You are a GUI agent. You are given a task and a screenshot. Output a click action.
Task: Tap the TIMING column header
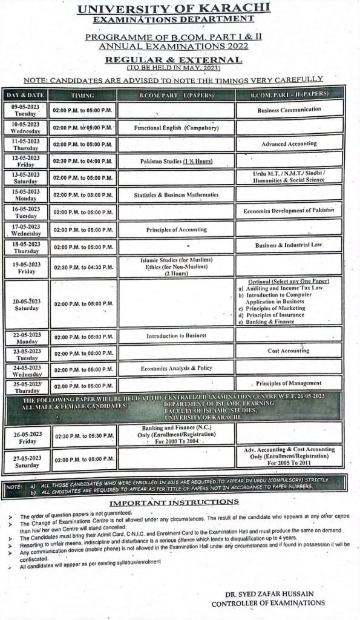[82, 96]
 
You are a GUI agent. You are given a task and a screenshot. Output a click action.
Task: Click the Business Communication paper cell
[289, 110]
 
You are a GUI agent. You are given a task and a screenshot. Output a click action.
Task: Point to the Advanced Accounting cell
[289, 144]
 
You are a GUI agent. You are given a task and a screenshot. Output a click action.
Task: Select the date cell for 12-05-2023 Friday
[25, 162]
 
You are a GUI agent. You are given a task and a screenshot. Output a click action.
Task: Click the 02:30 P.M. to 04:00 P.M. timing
[82, 162]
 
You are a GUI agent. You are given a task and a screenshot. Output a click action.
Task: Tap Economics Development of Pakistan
[289, 211]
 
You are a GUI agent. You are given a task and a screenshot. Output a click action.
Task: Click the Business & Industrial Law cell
[289, 245]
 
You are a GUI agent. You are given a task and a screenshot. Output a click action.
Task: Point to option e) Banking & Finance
[270, 322]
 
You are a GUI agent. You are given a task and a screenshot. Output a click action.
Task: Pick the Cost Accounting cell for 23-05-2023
[289, 351]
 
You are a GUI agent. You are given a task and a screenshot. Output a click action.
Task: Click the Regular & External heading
[173, 59]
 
